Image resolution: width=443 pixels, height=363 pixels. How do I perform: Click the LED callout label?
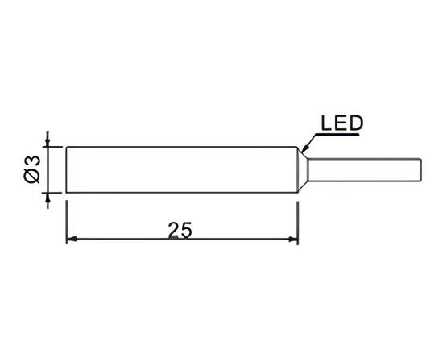tap(342, 123)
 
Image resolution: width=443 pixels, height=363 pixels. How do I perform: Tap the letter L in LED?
tap(326, 123)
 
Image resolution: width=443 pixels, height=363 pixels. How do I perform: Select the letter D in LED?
tap(356, 123)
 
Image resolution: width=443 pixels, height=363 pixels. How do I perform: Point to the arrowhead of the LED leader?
tap(304, 148)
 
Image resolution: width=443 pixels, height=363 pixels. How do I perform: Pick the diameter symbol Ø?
tap(31, 176)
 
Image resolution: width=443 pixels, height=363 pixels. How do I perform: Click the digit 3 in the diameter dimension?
tap(31, 161)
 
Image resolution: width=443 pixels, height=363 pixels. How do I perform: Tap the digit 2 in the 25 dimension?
tap(173, 230)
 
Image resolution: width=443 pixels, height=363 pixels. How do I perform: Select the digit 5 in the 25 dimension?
tap(187, 230)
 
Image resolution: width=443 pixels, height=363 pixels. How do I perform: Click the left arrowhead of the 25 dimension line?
tap(72, 239)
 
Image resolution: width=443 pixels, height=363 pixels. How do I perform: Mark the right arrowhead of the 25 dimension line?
tap(292, 240)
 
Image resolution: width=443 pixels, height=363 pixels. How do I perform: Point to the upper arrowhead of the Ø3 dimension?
tap(48, 142)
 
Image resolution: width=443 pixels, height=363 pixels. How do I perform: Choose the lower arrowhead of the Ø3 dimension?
tap(48, 198)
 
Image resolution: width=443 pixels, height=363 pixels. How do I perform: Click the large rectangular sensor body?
tap(182, 169)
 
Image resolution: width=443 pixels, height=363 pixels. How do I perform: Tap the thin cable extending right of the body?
tap(365, 169)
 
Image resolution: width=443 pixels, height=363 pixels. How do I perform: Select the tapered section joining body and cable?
tap(303, 169)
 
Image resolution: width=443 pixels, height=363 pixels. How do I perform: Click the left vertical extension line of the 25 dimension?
tap(66, 223)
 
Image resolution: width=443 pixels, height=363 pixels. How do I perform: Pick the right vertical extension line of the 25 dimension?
tap(298, 223)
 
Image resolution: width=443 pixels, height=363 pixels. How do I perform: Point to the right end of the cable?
tap(422, 169)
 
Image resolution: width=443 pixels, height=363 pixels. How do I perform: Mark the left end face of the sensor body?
tap(66, 169)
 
